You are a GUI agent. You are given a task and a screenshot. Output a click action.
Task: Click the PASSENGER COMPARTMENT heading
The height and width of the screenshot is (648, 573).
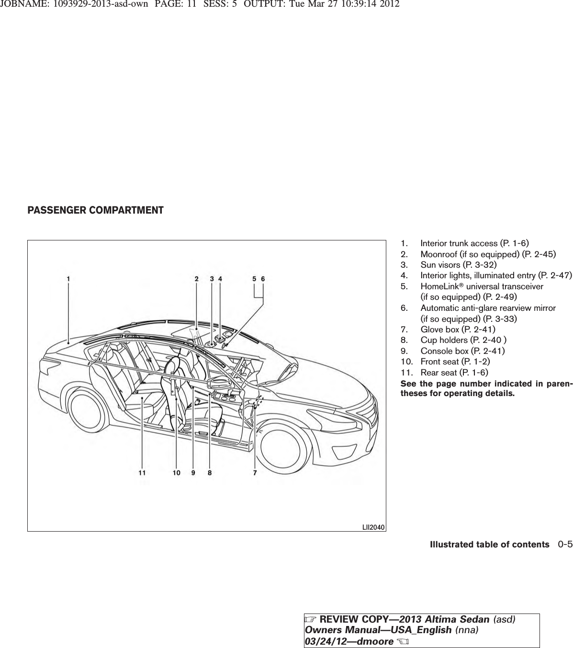click(x=95, y=210)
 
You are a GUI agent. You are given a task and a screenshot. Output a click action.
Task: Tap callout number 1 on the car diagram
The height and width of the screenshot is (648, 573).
click(x=68, y=278)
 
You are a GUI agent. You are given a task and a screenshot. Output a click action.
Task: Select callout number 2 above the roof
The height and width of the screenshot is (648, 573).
click(x=196, y=278)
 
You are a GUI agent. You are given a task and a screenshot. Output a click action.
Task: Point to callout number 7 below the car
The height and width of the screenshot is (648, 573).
click(x=255, y=473)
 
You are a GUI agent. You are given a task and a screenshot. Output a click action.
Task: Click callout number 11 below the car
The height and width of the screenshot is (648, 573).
click(x=142, y=473)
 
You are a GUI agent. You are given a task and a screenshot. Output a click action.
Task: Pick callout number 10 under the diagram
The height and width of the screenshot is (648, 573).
click(x=177, y=473)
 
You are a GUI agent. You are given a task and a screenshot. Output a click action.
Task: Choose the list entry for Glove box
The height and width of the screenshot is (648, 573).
click(x=457, y=330)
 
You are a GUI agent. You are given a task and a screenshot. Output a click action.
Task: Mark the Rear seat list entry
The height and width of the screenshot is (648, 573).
click(x=454, y=372)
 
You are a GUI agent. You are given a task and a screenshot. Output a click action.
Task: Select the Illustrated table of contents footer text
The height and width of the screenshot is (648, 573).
click(x=489, y=545)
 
